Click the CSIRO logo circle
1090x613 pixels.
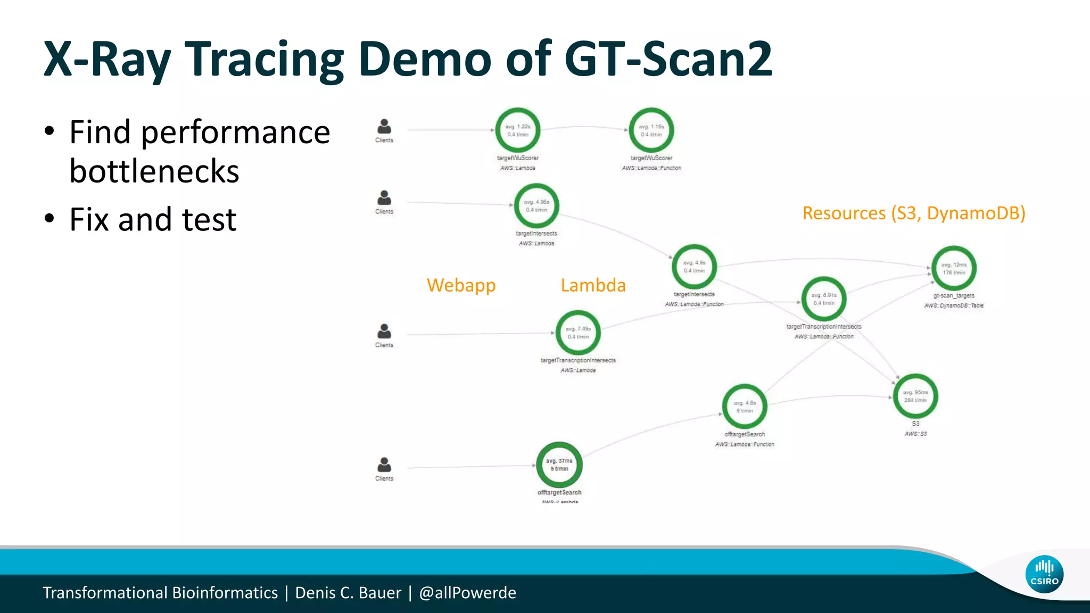pos(1044,574)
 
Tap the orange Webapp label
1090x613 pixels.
pos(461,285)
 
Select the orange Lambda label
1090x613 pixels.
pos(593,285)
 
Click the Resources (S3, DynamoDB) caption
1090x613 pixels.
pos(913,213)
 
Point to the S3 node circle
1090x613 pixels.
pos(915,396)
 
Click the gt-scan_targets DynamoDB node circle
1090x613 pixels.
pos(954,269)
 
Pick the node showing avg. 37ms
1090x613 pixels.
pos(559,465)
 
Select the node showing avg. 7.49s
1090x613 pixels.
pos(578,333)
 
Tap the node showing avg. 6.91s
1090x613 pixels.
pos(824,299)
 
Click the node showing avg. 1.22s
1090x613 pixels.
pos(518,130)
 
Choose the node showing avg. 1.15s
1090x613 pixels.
pos(651,130)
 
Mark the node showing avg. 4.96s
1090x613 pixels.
pos(536,206)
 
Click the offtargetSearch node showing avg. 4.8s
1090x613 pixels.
pos(745,407)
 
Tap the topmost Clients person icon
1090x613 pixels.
pos(384,127)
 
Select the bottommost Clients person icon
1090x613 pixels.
pos(384,465)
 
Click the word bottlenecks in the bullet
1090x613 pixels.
pos(154,171)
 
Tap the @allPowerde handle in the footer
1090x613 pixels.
pos(467,593)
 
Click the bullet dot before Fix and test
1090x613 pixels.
pos(49,219)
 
